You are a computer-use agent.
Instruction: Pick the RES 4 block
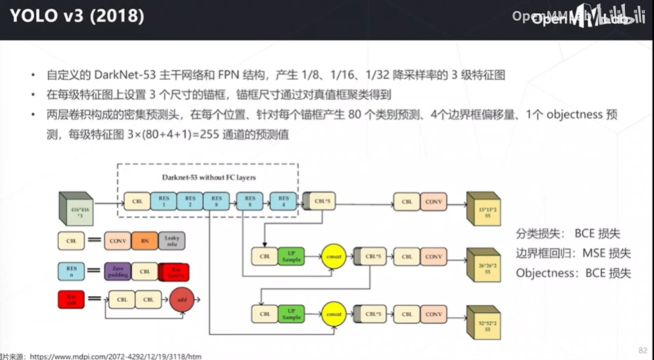point(283,202)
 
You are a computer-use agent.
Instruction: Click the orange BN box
point(145,240)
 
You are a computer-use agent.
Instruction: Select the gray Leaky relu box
point(171,240)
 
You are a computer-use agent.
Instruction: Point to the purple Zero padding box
point(117,271)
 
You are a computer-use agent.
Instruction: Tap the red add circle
point(181,299)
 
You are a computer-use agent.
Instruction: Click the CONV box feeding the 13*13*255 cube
point(433,202)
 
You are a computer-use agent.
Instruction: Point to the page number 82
point(642,350)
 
